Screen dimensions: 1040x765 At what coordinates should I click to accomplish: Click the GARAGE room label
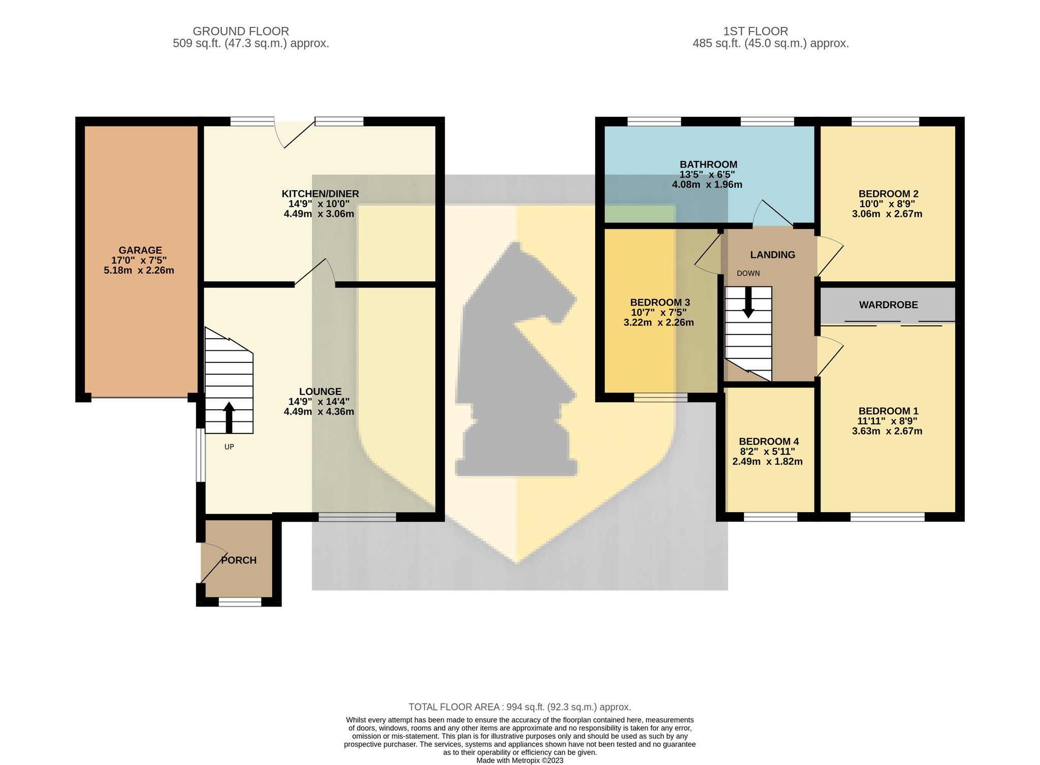140,250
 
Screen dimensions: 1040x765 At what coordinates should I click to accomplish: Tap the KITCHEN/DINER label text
320,194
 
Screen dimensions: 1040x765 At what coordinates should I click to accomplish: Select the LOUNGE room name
320,391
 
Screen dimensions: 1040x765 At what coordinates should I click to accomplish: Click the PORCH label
239,560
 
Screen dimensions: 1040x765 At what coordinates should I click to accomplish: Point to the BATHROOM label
708,164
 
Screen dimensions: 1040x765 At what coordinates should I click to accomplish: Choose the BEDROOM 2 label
888,194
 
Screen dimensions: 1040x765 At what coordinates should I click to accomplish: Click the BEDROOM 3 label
660,303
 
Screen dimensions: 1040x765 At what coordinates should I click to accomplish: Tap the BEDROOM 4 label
769,442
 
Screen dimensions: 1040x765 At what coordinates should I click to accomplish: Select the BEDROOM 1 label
888,411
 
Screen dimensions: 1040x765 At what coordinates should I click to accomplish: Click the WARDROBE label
888,305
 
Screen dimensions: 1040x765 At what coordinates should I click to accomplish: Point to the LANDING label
772,255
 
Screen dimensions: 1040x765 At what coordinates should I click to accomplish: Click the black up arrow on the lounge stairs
229,417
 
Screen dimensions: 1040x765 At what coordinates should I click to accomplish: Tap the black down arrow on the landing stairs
748,303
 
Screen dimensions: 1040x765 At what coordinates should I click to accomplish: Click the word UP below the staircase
229,447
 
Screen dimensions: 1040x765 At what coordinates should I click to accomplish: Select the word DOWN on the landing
748,274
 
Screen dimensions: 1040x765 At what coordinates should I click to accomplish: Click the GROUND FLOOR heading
241,31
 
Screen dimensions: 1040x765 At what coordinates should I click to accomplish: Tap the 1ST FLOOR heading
756,31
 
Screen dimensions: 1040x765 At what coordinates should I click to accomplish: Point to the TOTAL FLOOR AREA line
520,707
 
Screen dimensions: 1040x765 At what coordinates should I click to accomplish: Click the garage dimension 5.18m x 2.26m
139,271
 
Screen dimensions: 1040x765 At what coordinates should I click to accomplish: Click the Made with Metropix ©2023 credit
519,760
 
